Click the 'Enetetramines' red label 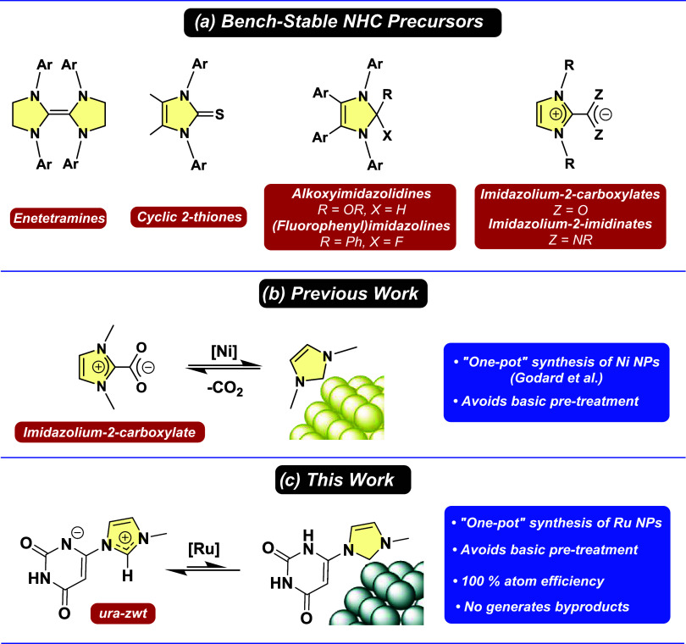tap(58, 218)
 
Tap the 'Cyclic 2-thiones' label tap(189, 217)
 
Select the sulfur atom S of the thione tap(219, 114)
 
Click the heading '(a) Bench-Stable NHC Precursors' tap(342, 22)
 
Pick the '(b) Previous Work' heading tap(343, 293)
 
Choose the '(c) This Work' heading tap(343, 480)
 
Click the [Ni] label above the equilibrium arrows tap(224, 352)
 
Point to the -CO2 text tap(225, 388)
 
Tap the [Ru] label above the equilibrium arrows tap(204, 549)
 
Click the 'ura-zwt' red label tap(123, 613)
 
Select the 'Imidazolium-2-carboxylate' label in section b tap(109, 432)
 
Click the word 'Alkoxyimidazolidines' tap(362, 193)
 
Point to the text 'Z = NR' tap(571, 240)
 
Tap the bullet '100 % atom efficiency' tap(528, 581)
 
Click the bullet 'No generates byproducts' tap(543, 607)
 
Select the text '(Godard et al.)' tap(556, 377)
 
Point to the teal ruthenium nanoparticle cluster tap(378, 593)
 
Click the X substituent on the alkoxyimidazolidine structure tap(387, 136)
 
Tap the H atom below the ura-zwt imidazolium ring tap(127, 575)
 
